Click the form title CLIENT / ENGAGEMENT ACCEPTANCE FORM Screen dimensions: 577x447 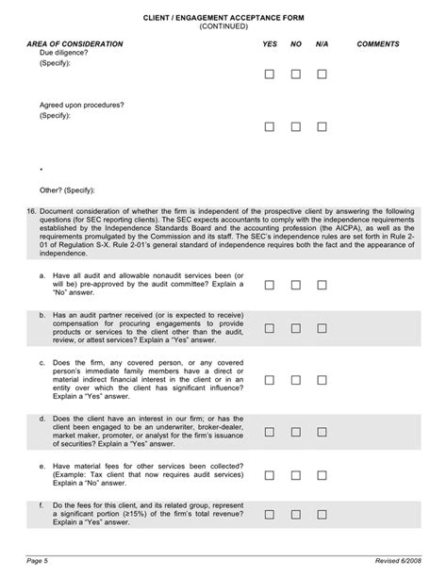[223, 18]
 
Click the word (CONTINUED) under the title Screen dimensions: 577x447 [223, 26]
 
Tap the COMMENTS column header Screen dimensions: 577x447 [378, 44]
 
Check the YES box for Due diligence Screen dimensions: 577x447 [270, 74]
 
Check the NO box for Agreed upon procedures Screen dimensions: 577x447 [296, 126]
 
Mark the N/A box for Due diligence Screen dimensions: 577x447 [323, 74]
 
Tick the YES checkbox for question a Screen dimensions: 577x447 [270, 284]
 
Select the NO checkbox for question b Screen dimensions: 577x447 [296, 328]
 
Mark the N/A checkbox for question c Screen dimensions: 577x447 [323, 380]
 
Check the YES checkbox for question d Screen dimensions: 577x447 [270, 431]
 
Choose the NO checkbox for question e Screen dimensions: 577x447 [296, 475]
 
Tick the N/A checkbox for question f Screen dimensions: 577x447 [323, 514]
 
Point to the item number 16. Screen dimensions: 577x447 [32, 211]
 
